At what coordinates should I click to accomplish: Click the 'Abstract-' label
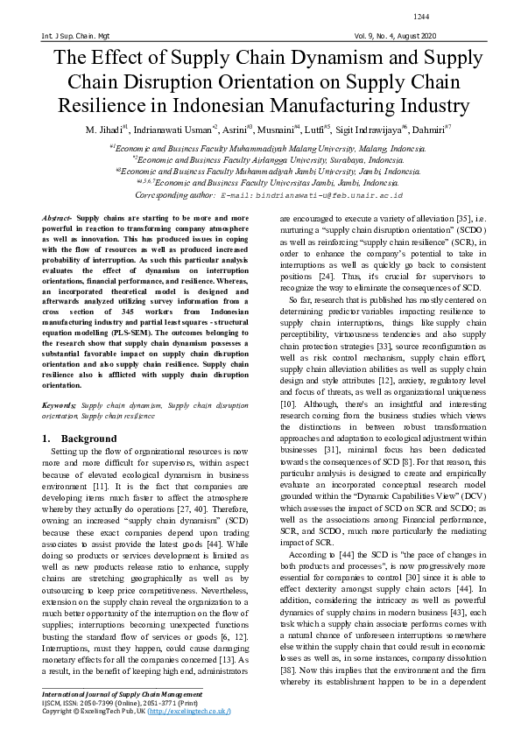(58, 216)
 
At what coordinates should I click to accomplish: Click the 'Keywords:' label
(60, 406)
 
